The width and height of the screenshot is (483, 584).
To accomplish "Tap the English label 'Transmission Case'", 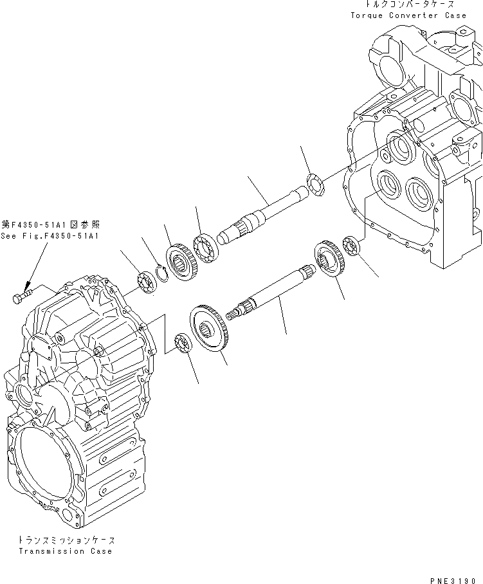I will tap(65, 551).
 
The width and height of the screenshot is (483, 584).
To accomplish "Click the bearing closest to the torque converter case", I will tap(353, 245).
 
